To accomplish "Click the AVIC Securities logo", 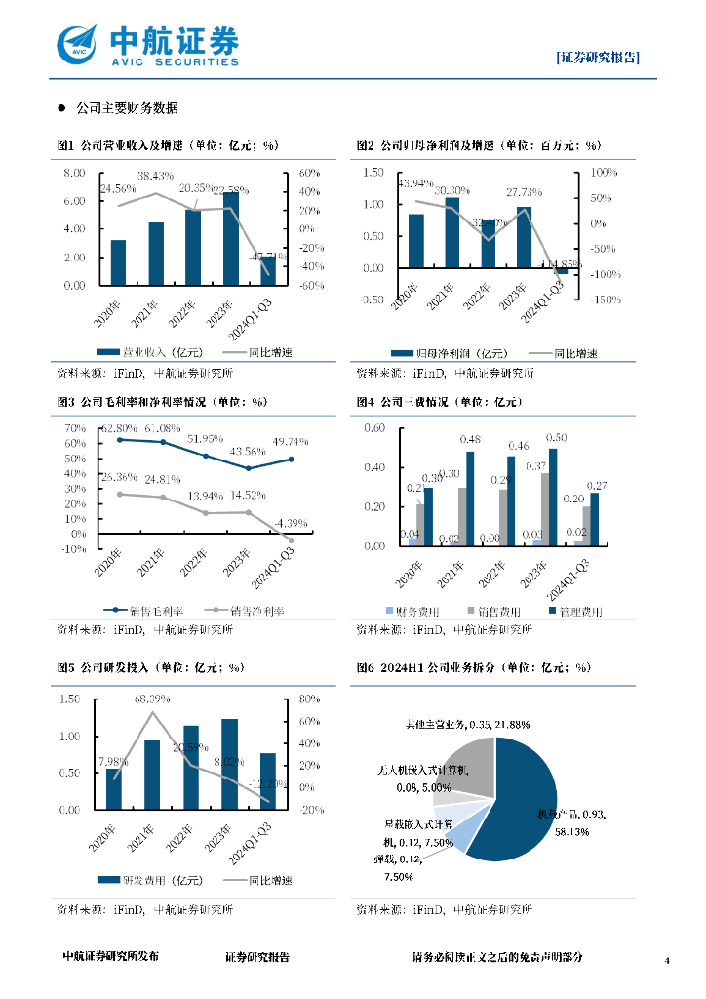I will point(146,44).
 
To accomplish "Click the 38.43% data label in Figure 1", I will point(155,176).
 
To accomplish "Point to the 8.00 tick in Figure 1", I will point(74,174).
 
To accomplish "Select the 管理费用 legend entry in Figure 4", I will point(574,611).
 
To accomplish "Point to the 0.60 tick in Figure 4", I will point(373,429).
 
